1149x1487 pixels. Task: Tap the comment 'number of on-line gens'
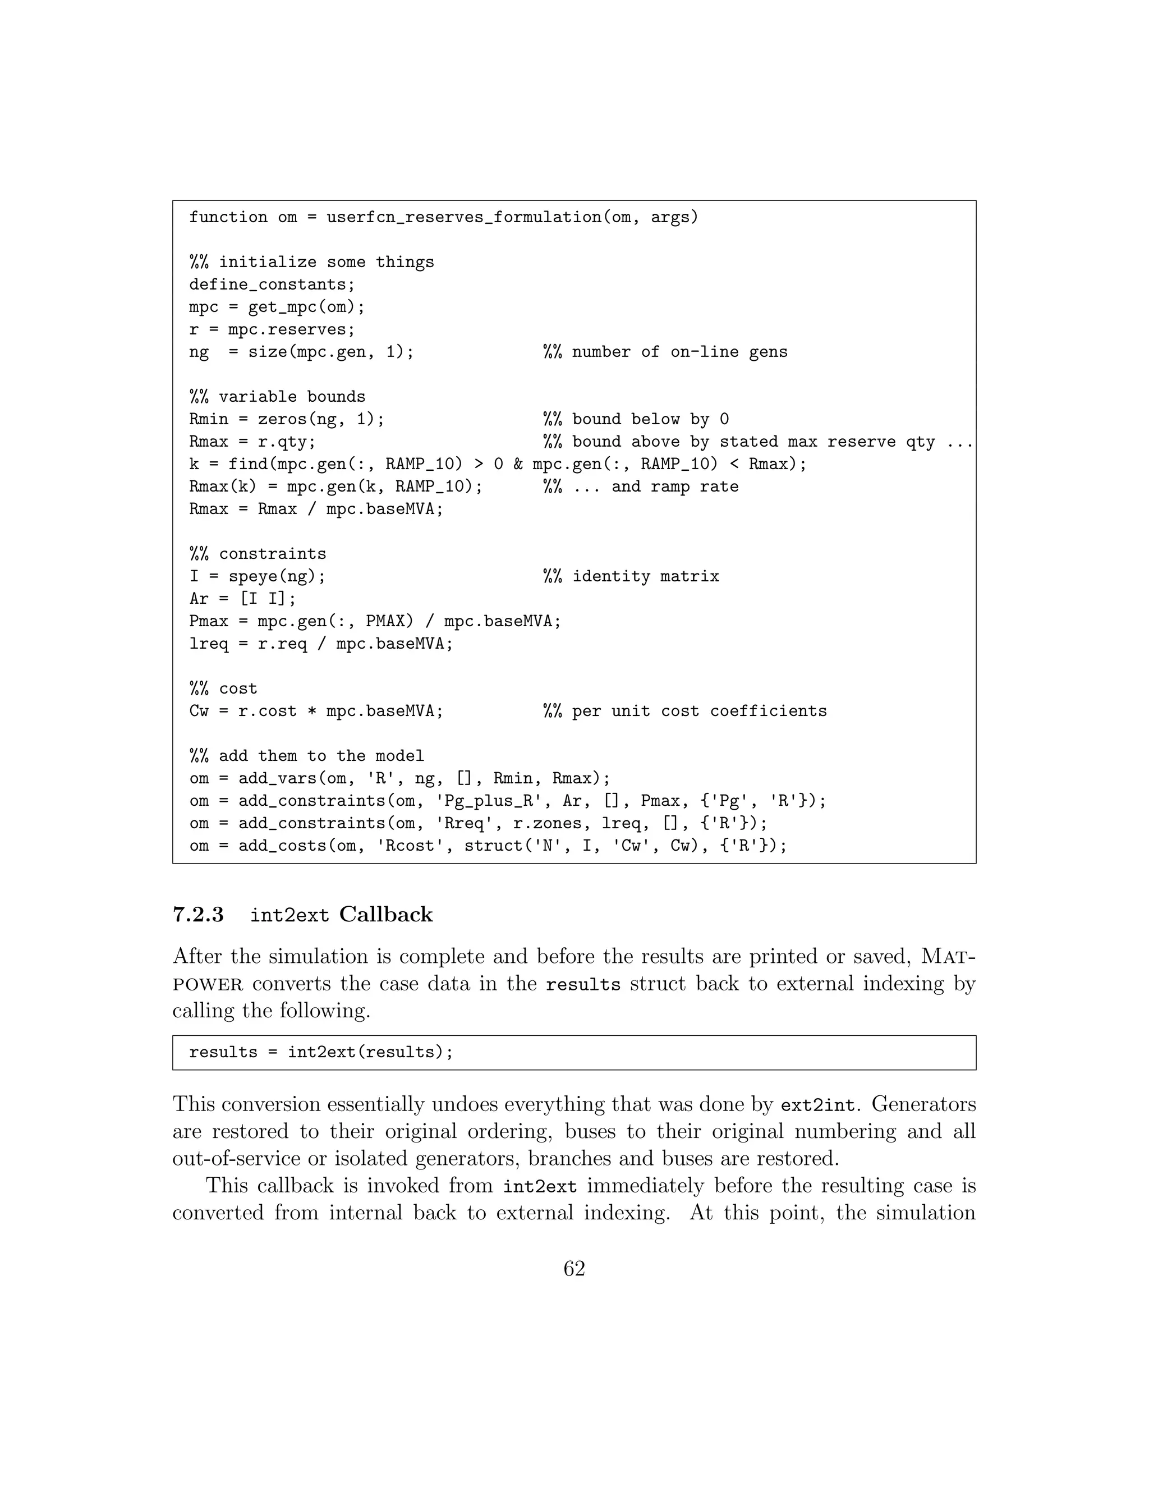(x=679, y=352)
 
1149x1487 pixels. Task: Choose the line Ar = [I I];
(x=243, y=599)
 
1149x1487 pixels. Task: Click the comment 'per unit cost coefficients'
(x=699, y=712)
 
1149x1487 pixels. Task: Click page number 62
(x=574, y=1269)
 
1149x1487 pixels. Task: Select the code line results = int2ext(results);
(x=321, y=1053)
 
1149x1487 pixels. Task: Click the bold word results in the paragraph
(x=583, y=985)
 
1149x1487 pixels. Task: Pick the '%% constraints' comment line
(x=258, y=554)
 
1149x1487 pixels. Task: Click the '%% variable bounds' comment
(x=277, y=397)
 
